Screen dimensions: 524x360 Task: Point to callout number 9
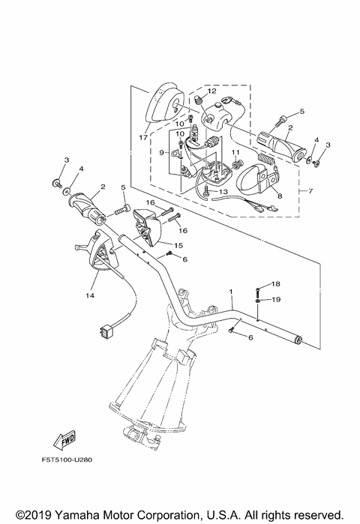(x=161, y=152)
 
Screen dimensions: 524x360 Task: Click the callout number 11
(x=235, y=154)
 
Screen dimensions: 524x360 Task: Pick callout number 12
(x=212, y=91)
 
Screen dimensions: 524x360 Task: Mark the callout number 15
(x=178, y=245)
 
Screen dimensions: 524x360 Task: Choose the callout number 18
(x=274, y=284)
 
